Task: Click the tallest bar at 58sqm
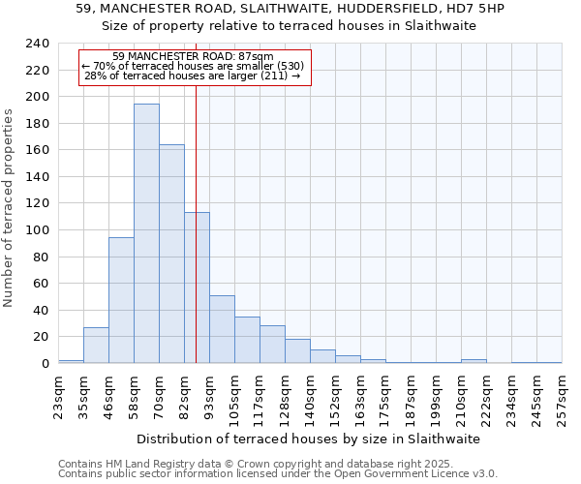click(x=146, y=233)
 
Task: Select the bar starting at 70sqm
click(x=171, y=254)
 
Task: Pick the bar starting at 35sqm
click(x=96, y=345)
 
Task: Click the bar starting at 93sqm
click(x=222, y=329)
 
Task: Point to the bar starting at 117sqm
click(x=272, y=344)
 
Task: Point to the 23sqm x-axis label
click(x=58, y=391)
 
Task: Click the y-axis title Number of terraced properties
click(x=9, y=207)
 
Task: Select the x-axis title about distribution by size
click(x=308, y=439)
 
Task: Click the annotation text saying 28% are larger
click(x=193, y=76)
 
